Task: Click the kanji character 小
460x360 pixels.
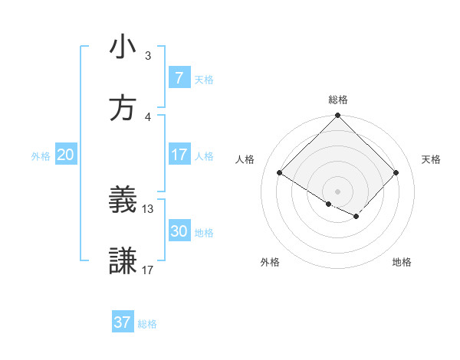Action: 123,47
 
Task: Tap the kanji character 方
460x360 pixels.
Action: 123,108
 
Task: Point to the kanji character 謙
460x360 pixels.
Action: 123,261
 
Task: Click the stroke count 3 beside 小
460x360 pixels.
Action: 148,56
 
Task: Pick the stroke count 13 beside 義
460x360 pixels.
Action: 148,208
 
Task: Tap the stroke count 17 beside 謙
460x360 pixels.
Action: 148,270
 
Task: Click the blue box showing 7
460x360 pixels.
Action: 179,78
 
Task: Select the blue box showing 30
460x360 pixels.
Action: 179,231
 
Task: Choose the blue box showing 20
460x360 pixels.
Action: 65,155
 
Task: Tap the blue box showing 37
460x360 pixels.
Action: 122,322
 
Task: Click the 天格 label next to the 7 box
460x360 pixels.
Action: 204,79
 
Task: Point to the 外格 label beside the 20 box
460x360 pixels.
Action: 41,155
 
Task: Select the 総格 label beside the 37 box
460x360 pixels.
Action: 147,323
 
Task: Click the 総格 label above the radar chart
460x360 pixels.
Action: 338,100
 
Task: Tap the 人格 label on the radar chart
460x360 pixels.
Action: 246,159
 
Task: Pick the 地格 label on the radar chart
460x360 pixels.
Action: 402,262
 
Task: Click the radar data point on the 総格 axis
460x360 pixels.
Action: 338,116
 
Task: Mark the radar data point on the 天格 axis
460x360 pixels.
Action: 396,173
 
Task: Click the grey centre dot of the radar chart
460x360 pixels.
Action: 338,191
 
